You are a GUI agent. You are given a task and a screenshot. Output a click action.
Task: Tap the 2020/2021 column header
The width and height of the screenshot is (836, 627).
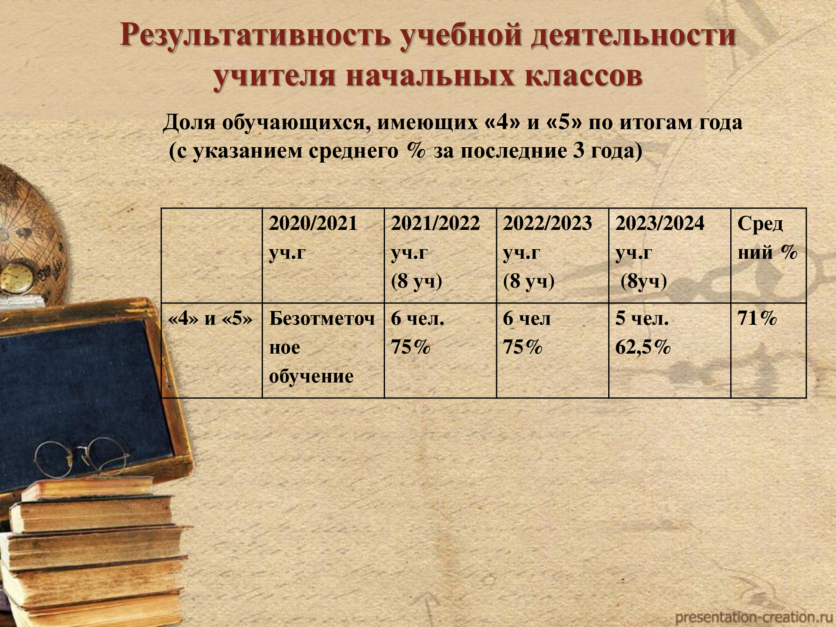click(313, 237)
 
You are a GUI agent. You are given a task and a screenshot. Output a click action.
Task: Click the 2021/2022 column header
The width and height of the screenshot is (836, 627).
click(436, 252)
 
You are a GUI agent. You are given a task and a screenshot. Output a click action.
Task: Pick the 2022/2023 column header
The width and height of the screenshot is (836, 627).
click(548, 252)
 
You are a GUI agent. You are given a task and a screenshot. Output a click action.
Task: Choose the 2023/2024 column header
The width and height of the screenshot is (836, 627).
click(660, 252)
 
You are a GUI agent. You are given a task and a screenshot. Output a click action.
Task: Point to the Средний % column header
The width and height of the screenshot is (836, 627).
click(767, 237)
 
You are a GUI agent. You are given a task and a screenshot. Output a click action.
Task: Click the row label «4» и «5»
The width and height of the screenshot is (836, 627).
click(210, 319)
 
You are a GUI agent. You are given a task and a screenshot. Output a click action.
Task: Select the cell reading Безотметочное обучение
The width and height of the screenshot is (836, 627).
click(322, 347)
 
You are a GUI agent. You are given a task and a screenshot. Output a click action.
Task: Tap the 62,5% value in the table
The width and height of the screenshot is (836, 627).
click(643, 347)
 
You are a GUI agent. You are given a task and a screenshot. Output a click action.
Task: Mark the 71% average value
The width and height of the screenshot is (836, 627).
click(757, 318)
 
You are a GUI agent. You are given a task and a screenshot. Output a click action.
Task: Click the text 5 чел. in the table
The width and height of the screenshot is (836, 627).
click(642, 319)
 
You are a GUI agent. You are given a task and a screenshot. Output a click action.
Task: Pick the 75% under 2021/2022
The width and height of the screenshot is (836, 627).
click(410, 347)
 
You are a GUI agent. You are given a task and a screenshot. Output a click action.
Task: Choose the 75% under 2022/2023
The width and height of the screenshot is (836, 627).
click(522, 347)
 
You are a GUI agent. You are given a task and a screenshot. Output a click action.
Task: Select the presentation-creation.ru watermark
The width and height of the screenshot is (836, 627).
click(751, 617)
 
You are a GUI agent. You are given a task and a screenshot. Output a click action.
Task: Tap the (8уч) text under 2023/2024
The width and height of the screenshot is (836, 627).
click(644, 281)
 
